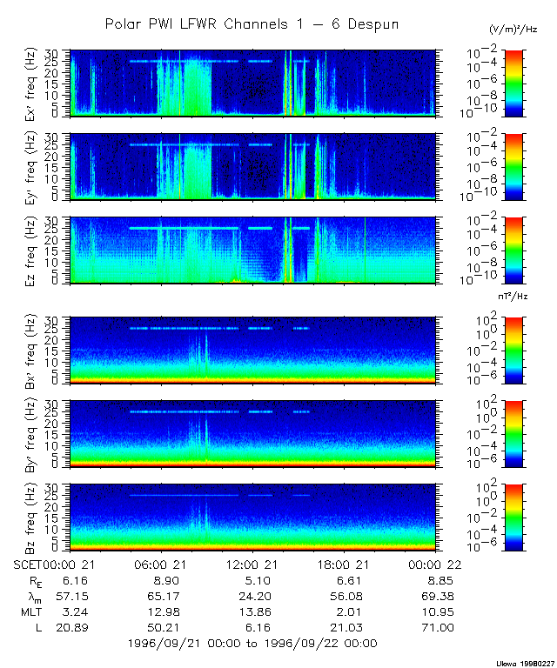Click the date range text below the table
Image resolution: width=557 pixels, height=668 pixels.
point(252,643)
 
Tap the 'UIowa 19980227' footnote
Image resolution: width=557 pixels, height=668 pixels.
point(525,662)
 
